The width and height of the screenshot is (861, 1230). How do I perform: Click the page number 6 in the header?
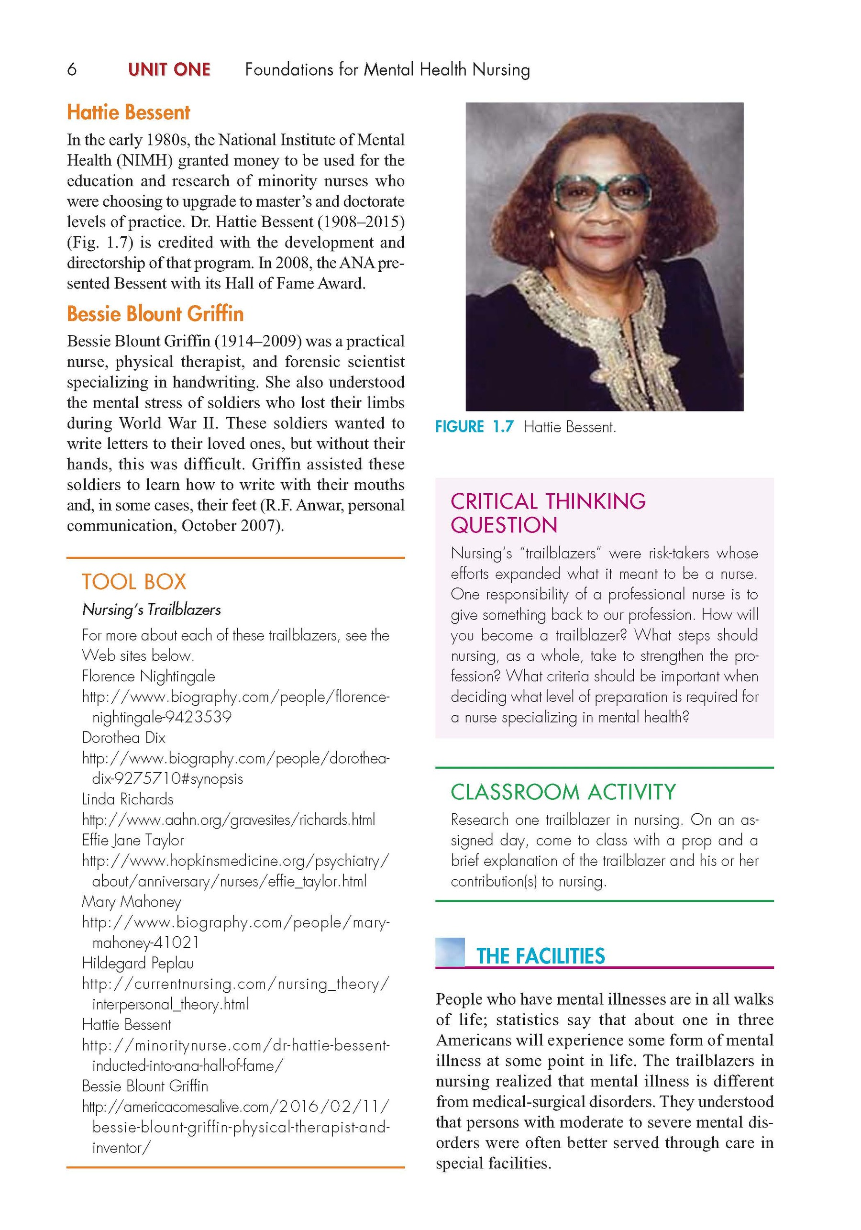pyautogui.click(x=72, y=70)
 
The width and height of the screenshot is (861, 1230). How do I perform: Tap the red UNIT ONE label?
pyautogui.click(x=169, y=70)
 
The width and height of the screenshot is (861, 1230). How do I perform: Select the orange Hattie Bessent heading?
pyautogui.click(x=128, y=112)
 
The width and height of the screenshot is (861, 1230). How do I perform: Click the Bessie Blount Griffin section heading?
pyautogui.click(x=155, y=313)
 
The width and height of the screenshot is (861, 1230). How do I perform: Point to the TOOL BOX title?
pyautogui.click(x=133, y=582)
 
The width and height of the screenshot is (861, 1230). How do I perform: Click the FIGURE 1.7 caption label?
pyautogui.click(x=474, y=426)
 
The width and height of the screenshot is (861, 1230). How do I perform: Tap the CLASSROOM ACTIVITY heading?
pyautogui.click(x=563, y=792)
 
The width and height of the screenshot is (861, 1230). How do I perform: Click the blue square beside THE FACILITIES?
pyautogui.click(x=450, y=952)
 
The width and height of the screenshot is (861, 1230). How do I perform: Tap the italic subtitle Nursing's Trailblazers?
pyautogui.click(x=151, y=609)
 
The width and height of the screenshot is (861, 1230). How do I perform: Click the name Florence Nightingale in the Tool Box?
pyautogui.click(x=148, y=676)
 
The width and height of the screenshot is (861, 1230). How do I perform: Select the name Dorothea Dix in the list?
pyautogui.click(x=124, y=738)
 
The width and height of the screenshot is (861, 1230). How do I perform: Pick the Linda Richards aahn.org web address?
pyautogui.click(x=228, y=820)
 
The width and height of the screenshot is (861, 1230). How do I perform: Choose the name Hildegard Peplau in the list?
pyautogui.click(x=138, y=963)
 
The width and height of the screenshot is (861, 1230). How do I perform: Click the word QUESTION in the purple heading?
pyautogui.click(x=504, y=525)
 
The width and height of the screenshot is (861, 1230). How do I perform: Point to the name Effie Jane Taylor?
pyautogui.click(x=133, y=840)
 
